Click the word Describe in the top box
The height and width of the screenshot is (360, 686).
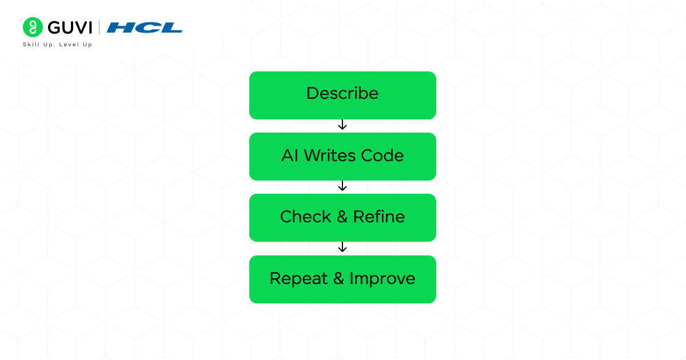(342, 94)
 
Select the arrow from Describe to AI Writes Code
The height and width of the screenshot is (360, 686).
(342, 125)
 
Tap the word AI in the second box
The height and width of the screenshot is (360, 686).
(290, 155)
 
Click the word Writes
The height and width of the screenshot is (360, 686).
(330, 155)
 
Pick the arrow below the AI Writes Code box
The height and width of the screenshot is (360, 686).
(342, 186)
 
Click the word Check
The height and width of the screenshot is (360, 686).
(305, 217)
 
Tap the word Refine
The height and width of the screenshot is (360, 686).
(379, 217)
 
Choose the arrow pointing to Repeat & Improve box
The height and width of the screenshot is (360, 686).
(342, 247)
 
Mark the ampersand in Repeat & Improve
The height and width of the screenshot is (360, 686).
(338, 279)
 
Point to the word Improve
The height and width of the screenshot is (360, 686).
(382, 279)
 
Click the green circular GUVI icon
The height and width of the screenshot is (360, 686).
(33, 27)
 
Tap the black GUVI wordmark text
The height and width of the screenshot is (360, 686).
(70, 27)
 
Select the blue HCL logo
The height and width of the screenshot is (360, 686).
(145, 27)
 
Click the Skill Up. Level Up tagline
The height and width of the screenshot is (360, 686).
(57, 45)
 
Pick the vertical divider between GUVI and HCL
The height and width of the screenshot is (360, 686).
(99, 27)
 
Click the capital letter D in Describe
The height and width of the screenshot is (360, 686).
(312, 94)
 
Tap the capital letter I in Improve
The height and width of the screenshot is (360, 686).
(352, 279)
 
